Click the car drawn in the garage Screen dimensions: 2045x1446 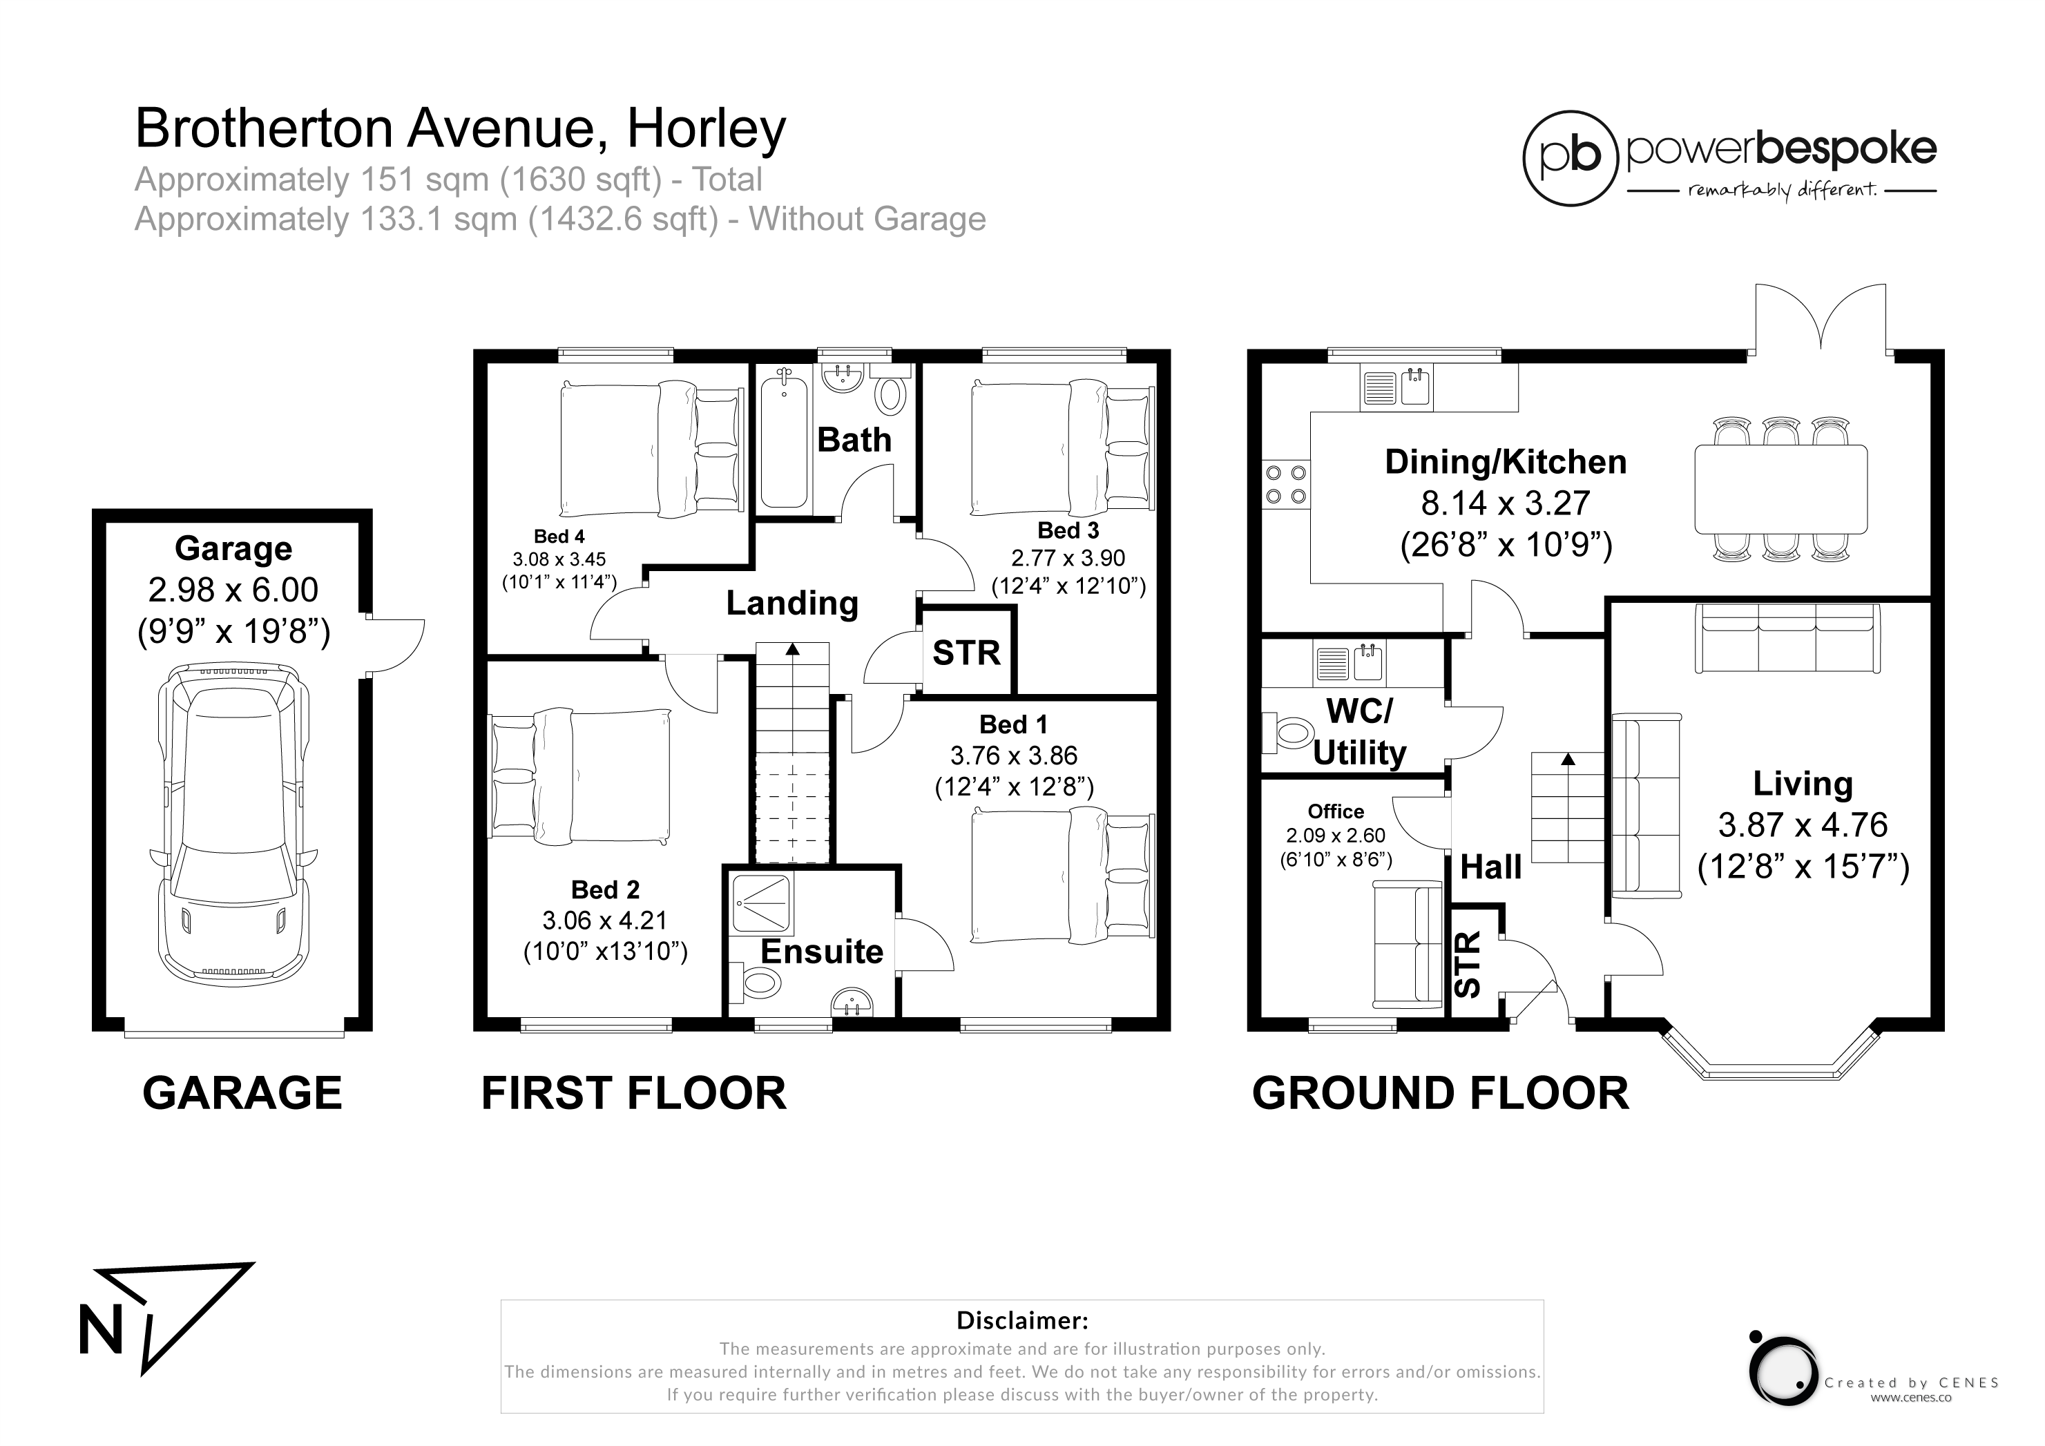point(231,824)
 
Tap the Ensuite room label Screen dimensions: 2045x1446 point(821,952)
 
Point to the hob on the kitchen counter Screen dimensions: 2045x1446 point(1285,484)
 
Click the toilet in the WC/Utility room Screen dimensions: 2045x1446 point(1286,733)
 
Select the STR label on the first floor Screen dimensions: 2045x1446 point(966,653)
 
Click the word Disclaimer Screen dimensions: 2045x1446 point(1021,1320)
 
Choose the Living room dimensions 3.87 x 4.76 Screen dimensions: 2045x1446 point(1803,825)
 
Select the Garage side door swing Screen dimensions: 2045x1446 point(396,646)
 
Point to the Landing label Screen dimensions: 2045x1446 point(791,603)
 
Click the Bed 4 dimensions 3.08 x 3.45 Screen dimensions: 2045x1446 point(559,559)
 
